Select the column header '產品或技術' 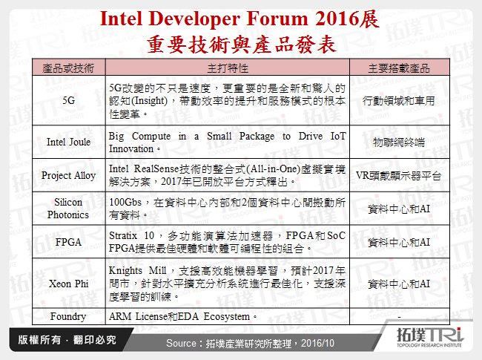[68, 68]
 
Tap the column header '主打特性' [226, 68]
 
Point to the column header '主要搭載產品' [399, 68]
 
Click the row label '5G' [68, 99]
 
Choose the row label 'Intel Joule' [68, 142]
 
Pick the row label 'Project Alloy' [68, 175]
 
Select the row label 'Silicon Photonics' [68, 208]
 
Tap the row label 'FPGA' [68, 241]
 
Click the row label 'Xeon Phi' [68, 283]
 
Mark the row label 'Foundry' [68, 316]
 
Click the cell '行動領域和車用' [399, 99]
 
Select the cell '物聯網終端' [399, 142]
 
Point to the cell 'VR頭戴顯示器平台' [399, 175]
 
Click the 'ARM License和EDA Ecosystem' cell [182, 316]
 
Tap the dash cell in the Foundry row [399, 316]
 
